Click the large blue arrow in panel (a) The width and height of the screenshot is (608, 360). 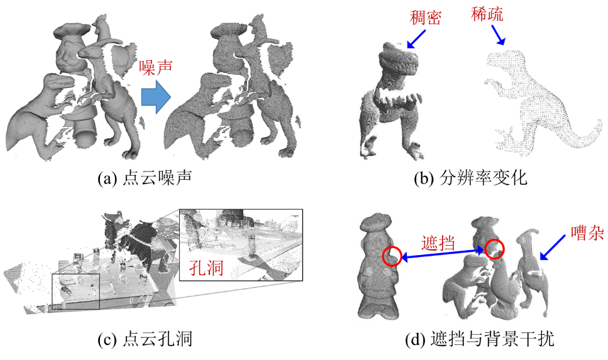(156, 97)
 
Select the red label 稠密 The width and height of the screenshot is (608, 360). (426, 18)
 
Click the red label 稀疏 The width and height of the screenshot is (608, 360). (487, 14)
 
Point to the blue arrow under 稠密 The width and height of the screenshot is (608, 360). (416, 39)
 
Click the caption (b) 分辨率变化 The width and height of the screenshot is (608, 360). (470, 178)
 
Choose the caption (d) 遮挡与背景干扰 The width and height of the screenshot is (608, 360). (480, 339)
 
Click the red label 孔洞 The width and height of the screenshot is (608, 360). (206, 268)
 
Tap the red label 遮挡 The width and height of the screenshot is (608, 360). (438, 243)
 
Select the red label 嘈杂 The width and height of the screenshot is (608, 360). (587, 232)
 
